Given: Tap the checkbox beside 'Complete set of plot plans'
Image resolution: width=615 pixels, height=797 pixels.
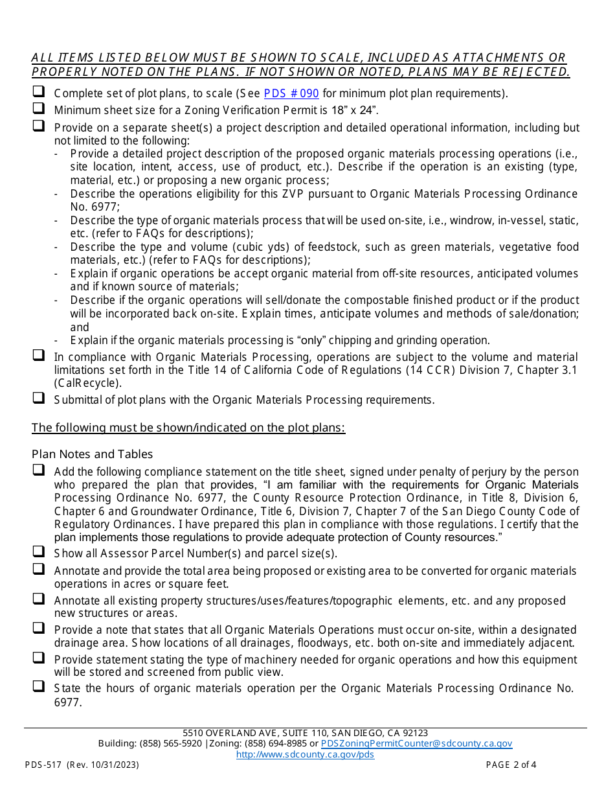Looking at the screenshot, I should coord(39,92).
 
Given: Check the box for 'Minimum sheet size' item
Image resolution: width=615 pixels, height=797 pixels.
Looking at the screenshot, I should coord(39,109).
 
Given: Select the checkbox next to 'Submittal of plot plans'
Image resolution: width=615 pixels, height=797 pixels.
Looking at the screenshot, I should coord(39,398).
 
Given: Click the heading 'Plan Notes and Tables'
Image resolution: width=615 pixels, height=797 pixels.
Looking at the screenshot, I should coord(92,454).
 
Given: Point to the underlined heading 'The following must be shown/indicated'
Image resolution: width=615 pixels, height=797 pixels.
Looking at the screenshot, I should coord(188,428).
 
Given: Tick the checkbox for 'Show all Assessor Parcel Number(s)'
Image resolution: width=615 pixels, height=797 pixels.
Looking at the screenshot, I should coord(39,552).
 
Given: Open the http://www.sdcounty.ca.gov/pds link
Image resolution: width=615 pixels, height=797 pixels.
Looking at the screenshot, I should coord(305,754).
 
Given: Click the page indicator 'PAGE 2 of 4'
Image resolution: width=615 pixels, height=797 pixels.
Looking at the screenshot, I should coord(511,765).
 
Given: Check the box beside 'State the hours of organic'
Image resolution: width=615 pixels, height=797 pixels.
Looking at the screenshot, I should coord(39,686).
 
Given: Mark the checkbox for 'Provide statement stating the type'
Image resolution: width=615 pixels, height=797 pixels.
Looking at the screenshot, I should coord(39,658).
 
